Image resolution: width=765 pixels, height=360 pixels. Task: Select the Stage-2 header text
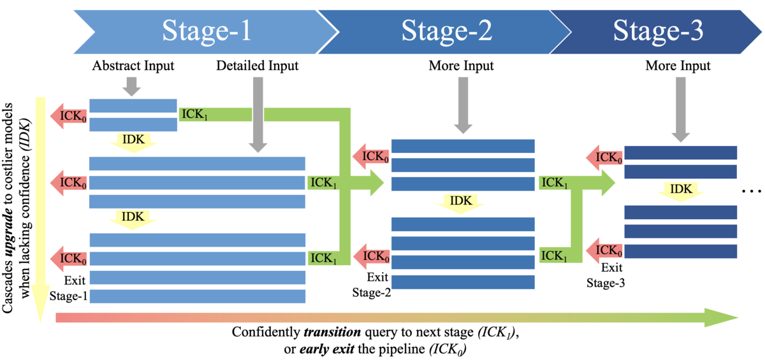point(446,31)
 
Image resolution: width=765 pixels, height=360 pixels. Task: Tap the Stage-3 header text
point(659,31)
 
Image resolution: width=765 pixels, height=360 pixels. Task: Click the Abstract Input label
point(133,66)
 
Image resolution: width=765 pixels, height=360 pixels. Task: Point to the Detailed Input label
point(258,66)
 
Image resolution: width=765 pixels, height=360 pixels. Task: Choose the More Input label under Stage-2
point(461,66)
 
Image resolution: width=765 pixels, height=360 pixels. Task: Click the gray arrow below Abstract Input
point(131,85)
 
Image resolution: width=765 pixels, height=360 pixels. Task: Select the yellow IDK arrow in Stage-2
point(462,202)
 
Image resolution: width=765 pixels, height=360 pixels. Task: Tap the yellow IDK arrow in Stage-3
point(681,189)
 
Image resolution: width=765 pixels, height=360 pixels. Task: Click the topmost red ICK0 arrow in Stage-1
point(70,115)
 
